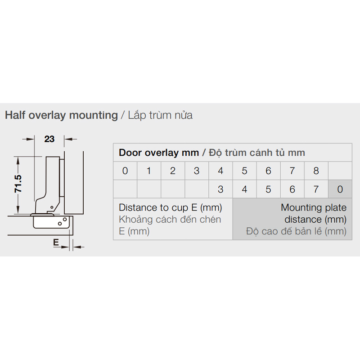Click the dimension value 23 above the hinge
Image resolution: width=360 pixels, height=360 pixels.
pyautogui.click(x=49, y=139)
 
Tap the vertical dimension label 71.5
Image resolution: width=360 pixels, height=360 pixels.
pyautogui.click(x=18, y=184)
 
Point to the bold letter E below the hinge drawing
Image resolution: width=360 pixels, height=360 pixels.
pyautogui.click(x=56, y=243)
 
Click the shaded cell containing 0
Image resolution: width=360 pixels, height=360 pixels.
pyautogui.click(x=340, y=189)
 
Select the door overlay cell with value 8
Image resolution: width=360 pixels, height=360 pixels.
pyautogui.click(x=316, y=171)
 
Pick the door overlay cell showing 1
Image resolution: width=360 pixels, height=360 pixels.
pyautogui.click(x=149, y=171)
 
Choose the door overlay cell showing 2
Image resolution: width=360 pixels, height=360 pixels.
pyautogui.click(x=173, y=171)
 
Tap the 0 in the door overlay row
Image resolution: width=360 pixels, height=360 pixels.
pyautogui.click(x=125, y=171)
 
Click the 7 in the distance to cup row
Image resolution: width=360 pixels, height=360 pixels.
pyautogui.click(x=316, y=189)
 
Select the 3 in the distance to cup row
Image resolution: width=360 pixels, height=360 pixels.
pyautogui.click(x=220, y=189)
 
